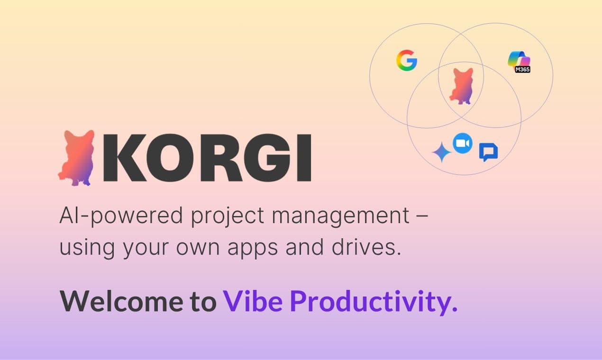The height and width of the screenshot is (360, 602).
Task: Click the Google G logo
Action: pos(406,61)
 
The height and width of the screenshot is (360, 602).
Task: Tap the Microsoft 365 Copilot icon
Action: pos(518,59)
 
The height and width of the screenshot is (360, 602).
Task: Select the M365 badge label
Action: pos(522,69)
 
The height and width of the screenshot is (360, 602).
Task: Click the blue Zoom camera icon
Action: pos(463,143)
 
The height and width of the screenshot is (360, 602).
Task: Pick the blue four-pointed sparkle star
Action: pos(441,153)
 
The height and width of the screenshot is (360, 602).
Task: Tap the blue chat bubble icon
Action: pos(488,152)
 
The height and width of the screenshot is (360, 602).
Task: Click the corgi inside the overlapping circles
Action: pos(461,86)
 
